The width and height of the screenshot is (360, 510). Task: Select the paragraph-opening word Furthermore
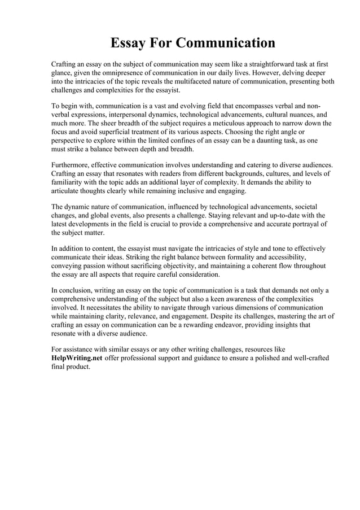pyautogui.click(x=72, y=164)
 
